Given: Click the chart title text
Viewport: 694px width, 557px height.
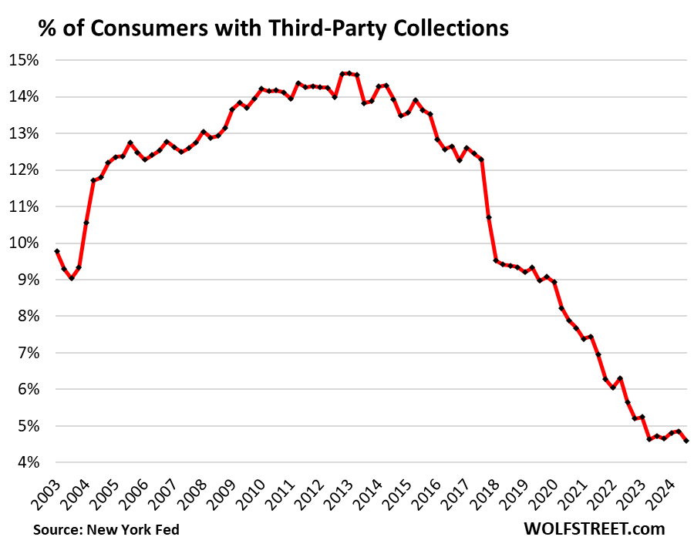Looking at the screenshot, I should [x=273, y=29].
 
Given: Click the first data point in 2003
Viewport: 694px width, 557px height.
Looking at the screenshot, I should [x=57, y=251].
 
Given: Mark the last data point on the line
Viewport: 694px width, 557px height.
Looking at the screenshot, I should [x=686, y=441].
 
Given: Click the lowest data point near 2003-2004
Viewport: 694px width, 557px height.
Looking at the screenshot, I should [x=71, y=277].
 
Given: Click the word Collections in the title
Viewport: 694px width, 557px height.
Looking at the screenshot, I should [x=448, y=29].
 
